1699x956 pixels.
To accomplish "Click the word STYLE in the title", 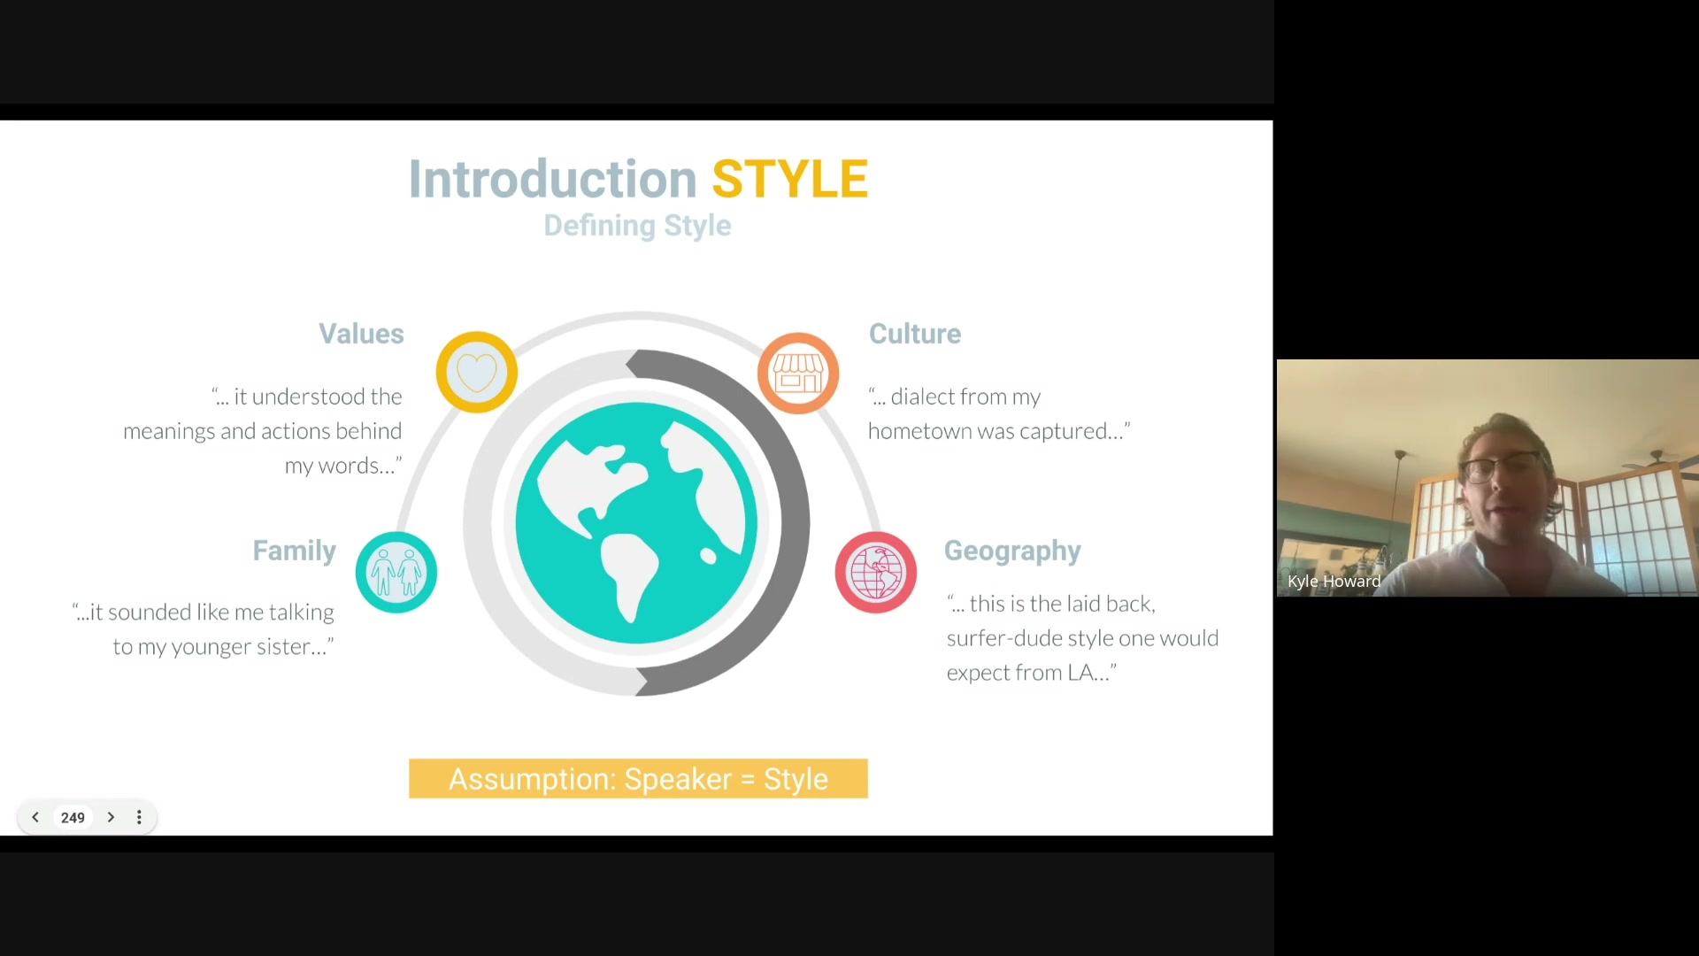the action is tap(789, 179).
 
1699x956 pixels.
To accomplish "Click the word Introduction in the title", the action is tap(553, 179).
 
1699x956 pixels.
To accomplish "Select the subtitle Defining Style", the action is tap(637, 226).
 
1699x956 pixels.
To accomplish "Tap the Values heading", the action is tap(361, 334).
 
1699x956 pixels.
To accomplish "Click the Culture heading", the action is tap(915, 334).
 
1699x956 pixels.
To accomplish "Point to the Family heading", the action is tap(295, 551).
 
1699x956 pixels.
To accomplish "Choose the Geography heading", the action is tap(1012, 551).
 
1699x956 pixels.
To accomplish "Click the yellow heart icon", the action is tap(477, 372).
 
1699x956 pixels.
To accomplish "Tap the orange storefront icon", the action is tap(798, 373).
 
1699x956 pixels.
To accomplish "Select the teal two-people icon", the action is tap(396, 572).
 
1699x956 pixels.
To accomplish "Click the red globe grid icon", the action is tap(876, 572).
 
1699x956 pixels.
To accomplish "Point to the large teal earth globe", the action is tap(636, 523).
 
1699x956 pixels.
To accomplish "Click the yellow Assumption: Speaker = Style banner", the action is tap(638, 779).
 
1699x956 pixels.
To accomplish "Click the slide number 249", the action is tap(73, 818).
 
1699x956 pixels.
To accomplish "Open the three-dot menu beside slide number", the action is tap(139, 818).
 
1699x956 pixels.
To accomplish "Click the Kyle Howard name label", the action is tap(1334, 582).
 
